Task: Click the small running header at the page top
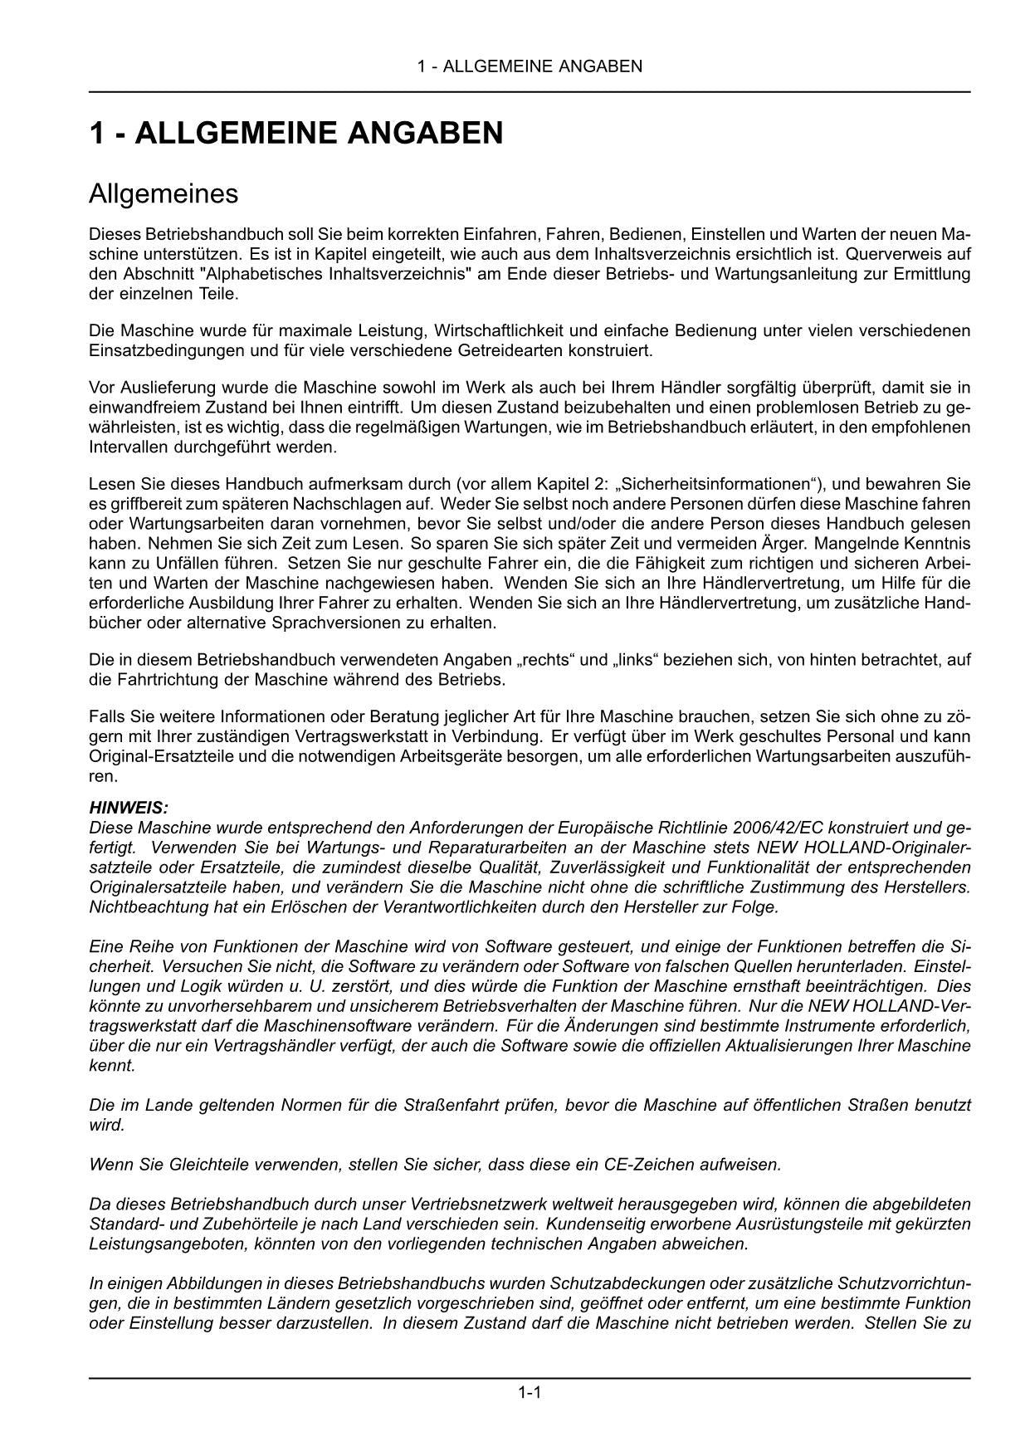[x=530, y=66]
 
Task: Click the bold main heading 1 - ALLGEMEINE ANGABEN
[x=295, y=133]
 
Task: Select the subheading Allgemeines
[x=164, y=194]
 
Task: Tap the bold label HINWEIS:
[x=128, y=807]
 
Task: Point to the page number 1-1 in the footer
[x=530, y=1393]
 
